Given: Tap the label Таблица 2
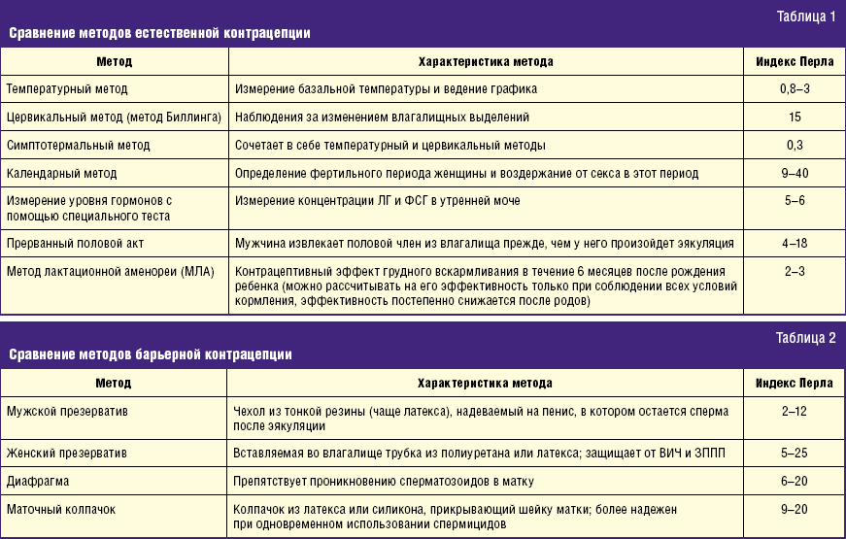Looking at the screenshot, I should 805,339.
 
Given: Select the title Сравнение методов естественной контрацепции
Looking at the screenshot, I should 160,33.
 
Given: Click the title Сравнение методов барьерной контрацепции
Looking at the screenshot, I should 151,355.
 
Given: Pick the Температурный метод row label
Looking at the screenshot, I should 67,88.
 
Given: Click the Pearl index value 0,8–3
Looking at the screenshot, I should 794,88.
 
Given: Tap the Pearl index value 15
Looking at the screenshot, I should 794,117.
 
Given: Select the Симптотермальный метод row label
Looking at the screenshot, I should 79,145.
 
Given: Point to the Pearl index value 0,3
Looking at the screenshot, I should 794,145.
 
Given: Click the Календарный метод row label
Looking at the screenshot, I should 62,173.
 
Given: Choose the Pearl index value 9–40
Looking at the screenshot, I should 794,173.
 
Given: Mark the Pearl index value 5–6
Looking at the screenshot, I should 794,201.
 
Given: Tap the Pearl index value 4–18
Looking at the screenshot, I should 794,242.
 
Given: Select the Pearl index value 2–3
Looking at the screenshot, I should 794,270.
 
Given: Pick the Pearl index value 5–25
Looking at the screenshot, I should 794,453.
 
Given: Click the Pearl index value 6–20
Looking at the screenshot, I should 794,481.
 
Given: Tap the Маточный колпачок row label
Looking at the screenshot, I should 61,509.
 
